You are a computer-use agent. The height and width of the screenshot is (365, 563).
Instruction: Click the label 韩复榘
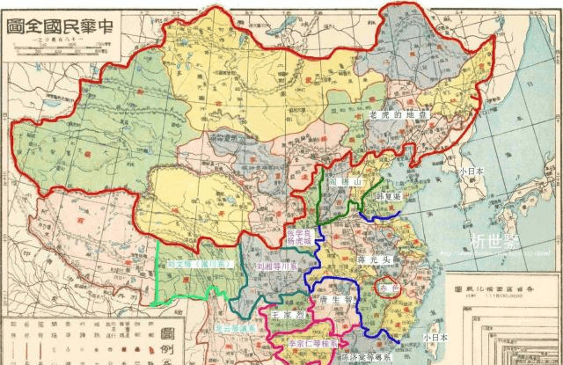point(387,196)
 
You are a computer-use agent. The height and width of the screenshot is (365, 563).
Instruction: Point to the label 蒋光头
point(374,260)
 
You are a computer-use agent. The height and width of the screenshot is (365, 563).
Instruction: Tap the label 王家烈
point(287,313)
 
